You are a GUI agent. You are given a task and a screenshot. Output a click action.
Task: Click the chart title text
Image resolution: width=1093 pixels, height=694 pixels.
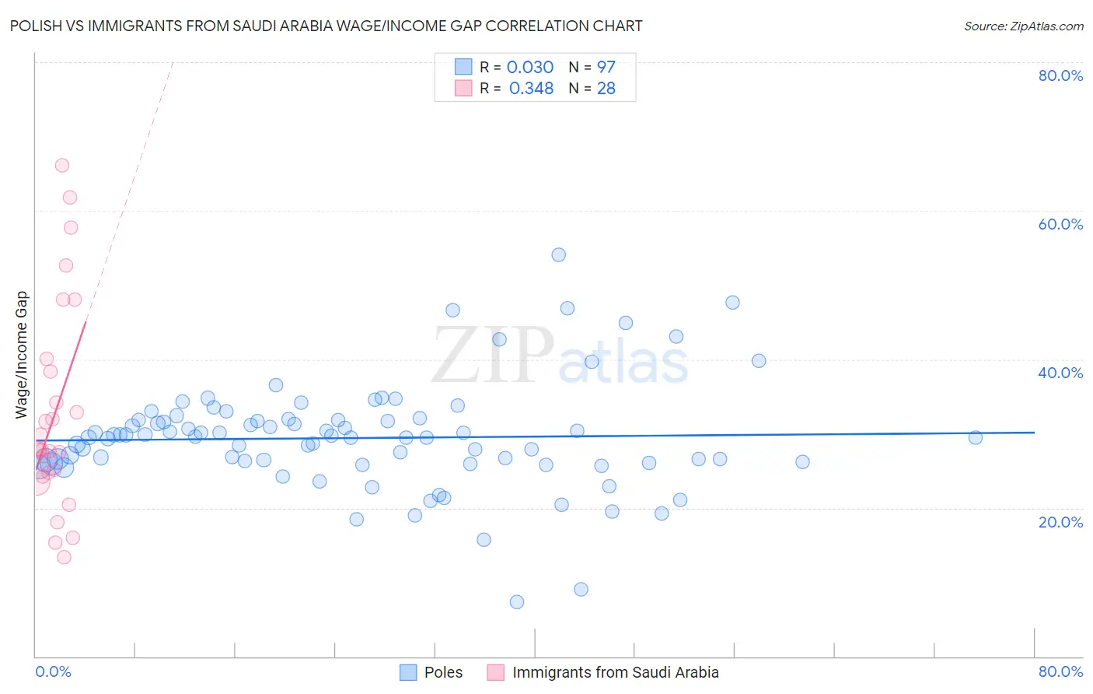[x=327, y=26]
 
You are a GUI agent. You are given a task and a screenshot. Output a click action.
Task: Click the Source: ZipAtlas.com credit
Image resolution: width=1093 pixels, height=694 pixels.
[x=1023, y=26]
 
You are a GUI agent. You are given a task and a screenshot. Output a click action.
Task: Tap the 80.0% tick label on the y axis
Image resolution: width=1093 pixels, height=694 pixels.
[x=1060, y=75]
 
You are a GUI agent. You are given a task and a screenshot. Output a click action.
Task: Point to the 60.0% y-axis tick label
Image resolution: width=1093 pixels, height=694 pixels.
[x=1060, y=224]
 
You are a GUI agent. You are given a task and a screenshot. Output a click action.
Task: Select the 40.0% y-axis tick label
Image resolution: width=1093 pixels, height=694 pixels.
[x=1060, y=373]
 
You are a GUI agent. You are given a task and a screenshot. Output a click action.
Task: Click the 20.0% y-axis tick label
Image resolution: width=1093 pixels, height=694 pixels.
[x=1060, y=521]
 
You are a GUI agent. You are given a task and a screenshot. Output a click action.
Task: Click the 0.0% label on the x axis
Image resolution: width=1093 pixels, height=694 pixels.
[x=53, y=671]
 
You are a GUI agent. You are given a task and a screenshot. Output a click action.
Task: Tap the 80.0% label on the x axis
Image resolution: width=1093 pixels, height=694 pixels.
[x=1060, y=671]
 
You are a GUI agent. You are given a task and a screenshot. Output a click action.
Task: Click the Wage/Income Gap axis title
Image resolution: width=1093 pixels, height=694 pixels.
[x=22, y=355]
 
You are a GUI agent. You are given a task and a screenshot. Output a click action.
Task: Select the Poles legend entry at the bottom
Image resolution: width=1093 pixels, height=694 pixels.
[x=443, y=672]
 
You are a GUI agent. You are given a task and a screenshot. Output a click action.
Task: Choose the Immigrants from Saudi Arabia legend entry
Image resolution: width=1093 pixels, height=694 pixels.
[x=615, y=672]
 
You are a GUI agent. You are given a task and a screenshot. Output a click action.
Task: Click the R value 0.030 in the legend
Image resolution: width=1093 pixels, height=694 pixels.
[x=530, y=68]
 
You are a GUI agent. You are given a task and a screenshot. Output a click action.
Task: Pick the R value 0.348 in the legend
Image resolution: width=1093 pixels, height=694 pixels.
[x=531, y=89]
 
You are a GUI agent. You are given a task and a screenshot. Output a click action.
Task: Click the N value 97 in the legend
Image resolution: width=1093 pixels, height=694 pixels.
[x=606, y=68]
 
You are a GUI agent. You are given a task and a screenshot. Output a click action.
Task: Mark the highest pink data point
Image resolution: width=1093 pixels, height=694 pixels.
[x=62, y=165]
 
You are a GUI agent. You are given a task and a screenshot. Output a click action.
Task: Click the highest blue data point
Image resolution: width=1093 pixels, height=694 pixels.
[x=558, y=254]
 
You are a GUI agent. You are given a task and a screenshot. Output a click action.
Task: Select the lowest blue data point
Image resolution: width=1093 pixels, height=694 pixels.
[x=517, y=602]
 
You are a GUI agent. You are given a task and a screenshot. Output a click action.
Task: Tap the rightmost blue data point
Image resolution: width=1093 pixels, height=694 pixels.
[x=976, y=438]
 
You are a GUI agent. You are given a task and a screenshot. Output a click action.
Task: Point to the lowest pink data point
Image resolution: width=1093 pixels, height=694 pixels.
[x=65, y=557]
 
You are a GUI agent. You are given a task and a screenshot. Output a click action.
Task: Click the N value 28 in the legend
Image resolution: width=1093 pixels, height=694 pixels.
[x=606, y=89]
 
